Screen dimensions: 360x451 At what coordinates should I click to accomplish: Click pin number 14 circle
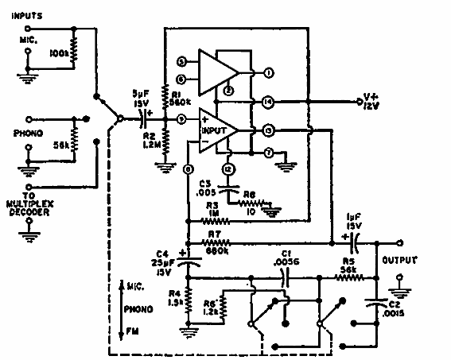click(x=269, y=102)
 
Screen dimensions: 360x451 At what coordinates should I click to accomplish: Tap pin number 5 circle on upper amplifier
click(x=181, y=61)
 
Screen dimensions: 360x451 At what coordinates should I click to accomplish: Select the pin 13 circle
click(x=269, y=130)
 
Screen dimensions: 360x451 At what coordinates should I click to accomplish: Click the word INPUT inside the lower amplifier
click(x=215, y=129)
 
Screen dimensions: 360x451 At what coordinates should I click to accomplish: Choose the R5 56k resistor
click(x=349, y=278)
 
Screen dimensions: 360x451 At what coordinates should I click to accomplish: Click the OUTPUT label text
click(x=402, y=258)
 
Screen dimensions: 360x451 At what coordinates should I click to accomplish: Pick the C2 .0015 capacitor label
click(x=395, y=311)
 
